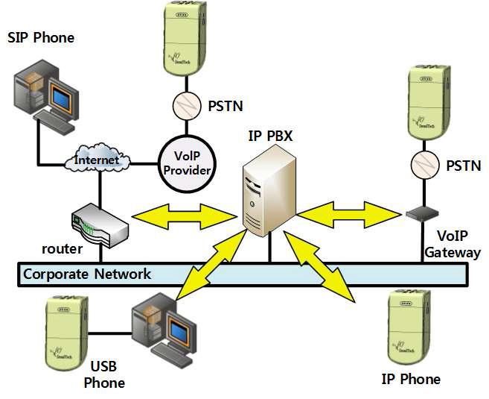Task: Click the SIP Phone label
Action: [41, 37]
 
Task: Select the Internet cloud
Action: [98, 160]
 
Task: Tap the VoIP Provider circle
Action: [189, 162]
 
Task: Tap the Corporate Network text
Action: [87, 274]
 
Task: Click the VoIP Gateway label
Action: [453, 245]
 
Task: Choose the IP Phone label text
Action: [410, 379]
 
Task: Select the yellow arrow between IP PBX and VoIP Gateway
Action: [349, 212]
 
